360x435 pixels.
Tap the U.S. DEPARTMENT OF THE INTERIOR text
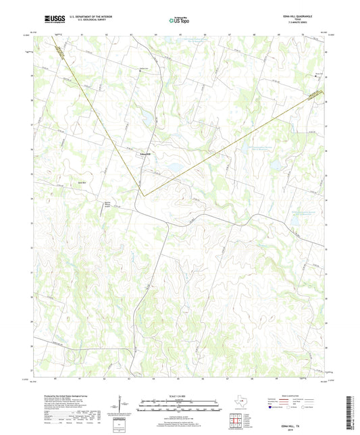pyautogui.click(x=82, y=16)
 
